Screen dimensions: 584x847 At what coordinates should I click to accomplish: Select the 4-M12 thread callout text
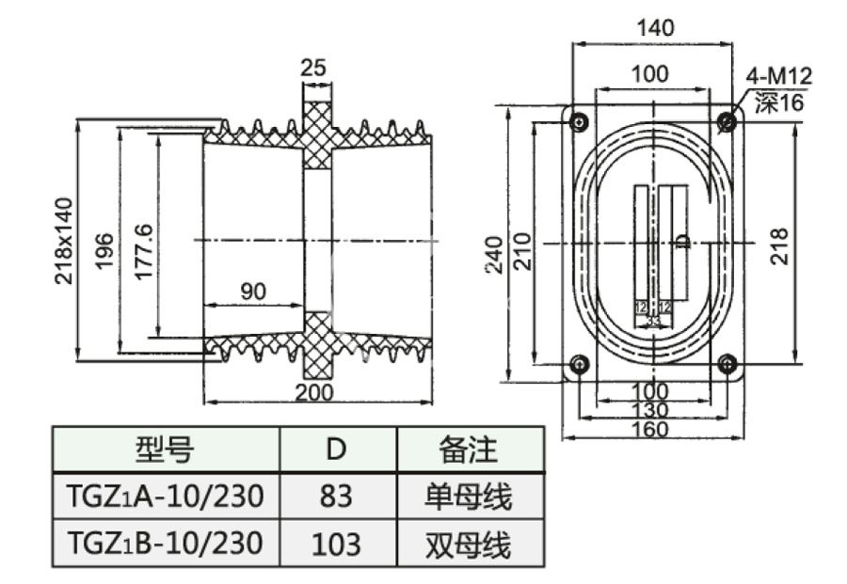(x=778, y=76)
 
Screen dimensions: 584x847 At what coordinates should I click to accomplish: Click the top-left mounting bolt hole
(x=577, y=120)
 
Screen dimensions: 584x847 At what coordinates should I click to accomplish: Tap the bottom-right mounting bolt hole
(x=726, y=363)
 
